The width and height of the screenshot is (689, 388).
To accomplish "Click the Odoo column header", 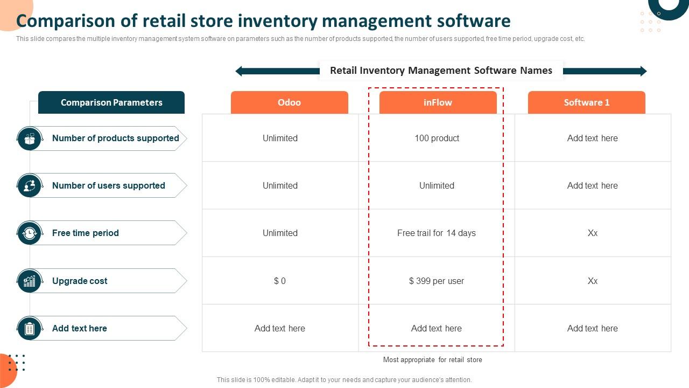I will [x=290, y=102].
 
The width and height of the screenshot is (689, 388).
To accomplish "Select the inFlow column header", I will [x=438, y=102].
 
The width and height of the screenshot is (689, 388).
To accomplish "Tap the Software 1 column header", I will [x=586, y=102].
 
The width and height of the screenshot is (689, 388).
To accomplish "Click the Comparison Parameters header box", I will [x=111, y=102].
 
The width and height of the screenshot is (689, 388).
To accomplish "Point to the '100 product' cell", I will [x=437, y=138].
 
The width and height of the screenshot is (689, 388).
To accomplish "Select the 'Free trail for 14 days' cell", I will [x=437, y=233].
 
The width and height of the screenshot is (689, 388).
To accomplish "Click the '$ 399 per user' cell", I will [x=437, y=281].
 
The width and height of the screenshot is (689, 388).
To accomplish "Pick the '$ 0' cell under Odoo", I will [x=280, y=281].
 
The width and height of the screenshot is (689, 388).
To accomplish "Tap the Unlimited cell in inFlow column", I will [x=437, y=186].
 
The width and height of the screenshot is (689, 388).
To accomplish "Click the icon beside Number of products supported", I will [x=30, y=138].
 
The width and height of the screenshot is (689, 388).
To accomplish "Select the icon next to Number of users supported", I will [x=30, y=186].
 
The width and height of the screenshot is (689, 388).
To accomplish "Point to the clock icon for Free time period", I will [x=30, y=233].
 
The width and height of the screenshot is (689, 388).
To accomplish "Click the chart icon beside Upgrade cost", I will [x=30, y=281].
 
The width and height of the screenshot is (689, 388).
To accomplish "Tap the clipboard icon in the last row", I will [x=30, y=328].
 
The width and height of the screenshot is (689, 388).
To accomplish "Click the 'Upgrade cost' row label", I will [x=80, y=281].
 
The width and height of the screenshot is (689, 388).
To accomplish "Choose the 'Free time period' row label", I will [x=85, y=233].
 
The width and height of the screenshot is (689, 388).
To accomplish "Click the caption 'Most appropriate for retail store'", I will [x=432, y=360].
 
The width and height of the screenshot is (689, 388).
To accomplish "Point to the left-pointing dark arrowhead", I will [x=240, y=71].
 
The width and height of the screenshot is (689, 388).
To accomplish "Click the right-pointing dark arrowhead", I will [x=643, y=71].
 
